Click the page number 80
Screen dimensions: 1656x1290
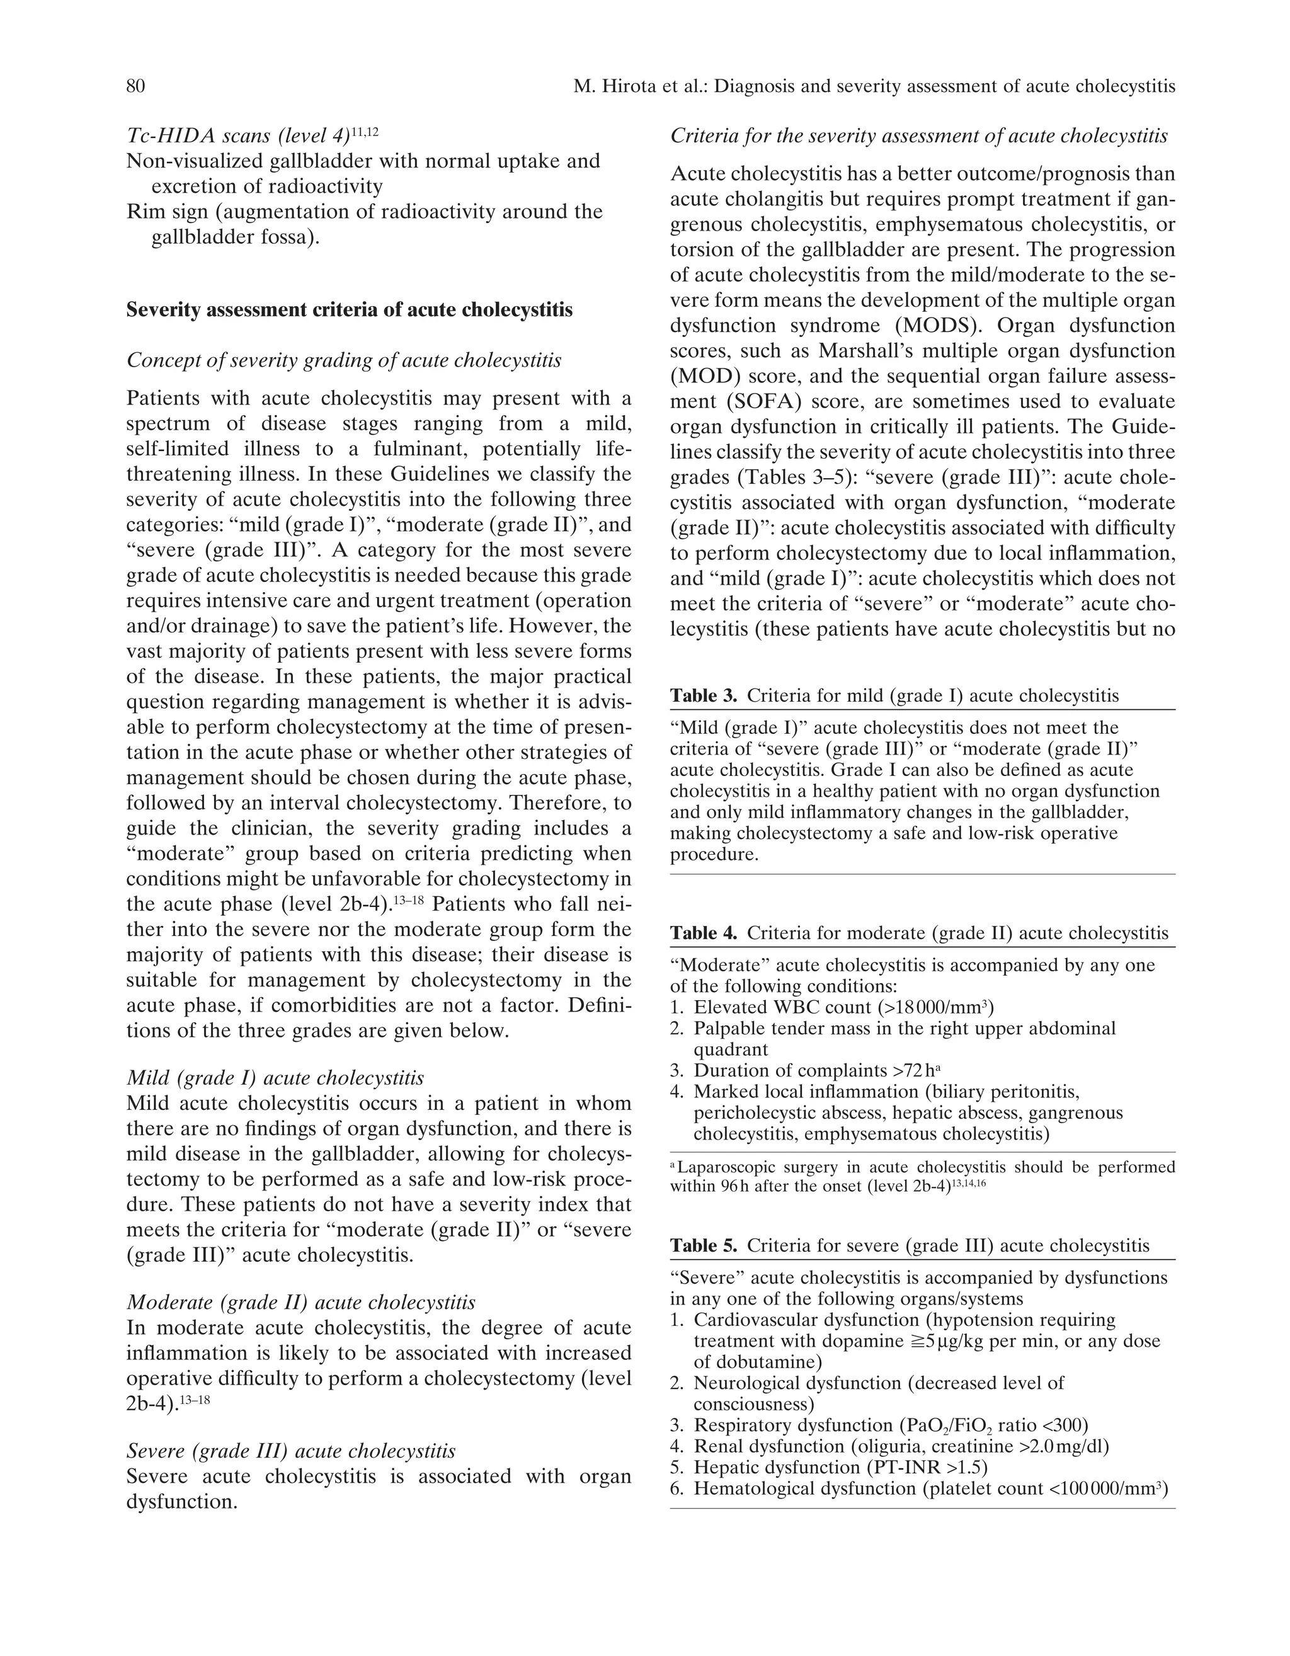click(136, 86)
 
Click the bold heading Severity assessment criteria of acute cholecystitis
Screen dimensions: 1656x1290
click(349, 310)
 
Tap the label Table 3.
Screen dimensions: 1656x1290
click(703, 696)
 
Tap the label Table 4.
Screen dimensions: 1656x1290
click(703, 934)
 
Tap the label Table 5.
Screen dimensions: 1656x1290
click(703, 1246)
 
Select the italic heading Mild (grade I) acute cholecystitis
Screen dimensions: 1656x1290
click(275, 1078)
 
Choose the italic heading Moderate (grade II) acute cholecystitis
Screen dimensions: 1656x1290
click(301, 1303)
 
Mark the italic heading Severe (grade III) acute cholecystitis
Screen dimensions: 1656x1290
click(291, 1451)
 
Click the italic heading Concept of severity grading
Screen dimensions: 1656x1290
click(343, 360)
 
